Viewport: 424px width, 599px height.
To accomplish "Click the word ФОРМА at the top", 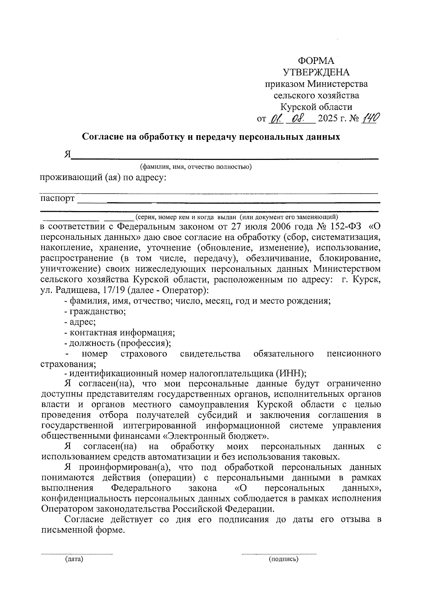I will pos(316,61).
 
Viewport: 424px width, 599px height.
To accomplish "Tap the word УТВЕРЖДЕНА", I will pos(316,72).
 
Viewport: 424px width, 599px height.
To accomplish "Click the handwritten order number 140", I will pos(371,119).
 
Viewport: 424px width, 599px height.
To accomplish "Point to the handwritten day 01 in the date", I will pos(274,119).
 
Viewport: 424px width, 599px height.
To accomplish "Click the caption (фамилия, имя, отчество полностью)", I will pos(195,167).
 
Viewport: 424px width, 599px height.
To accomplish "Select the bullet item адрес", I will pos(82,322).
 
